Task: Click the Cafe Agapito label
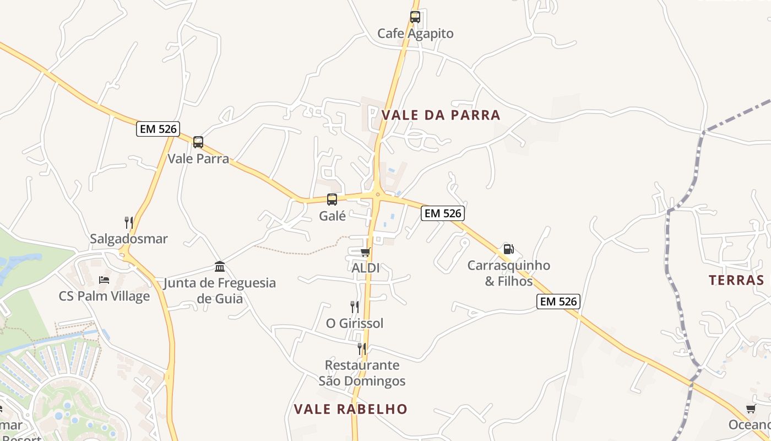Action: point(415,34)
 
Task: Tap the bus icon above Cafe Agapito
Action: point(415,17)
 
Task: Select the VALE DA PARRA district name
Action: point(441,115)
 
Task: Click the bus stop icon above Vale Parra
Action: point(198,142)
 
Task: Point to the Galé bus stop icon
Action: point(332,200)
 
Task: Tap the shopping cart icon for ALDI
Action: point(365,252)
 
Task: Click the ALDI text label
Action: point(366,268)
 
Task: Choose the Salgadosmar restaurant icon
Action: point(129,223)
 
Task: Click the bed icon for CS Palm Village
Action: point(104,280)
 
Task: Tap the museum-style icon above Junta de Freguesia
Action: point(220,267)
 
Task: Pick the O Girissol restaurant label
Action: point(355,323)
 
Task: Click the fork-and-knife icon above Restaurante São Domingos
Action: point(362,348)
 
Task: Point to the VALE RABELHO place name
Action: point(350,409)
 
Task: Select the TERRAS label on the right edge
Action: point(736,280)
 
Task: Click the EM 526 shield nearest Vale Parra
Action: point(158,129)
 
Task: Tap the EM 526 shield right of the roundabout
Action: point(443,213)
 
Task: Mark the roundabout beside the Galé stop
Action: point(377,193)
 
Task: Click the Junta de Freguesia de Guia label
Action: point(220,291)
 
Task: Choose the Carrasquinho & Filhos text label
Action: point(508,273)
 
